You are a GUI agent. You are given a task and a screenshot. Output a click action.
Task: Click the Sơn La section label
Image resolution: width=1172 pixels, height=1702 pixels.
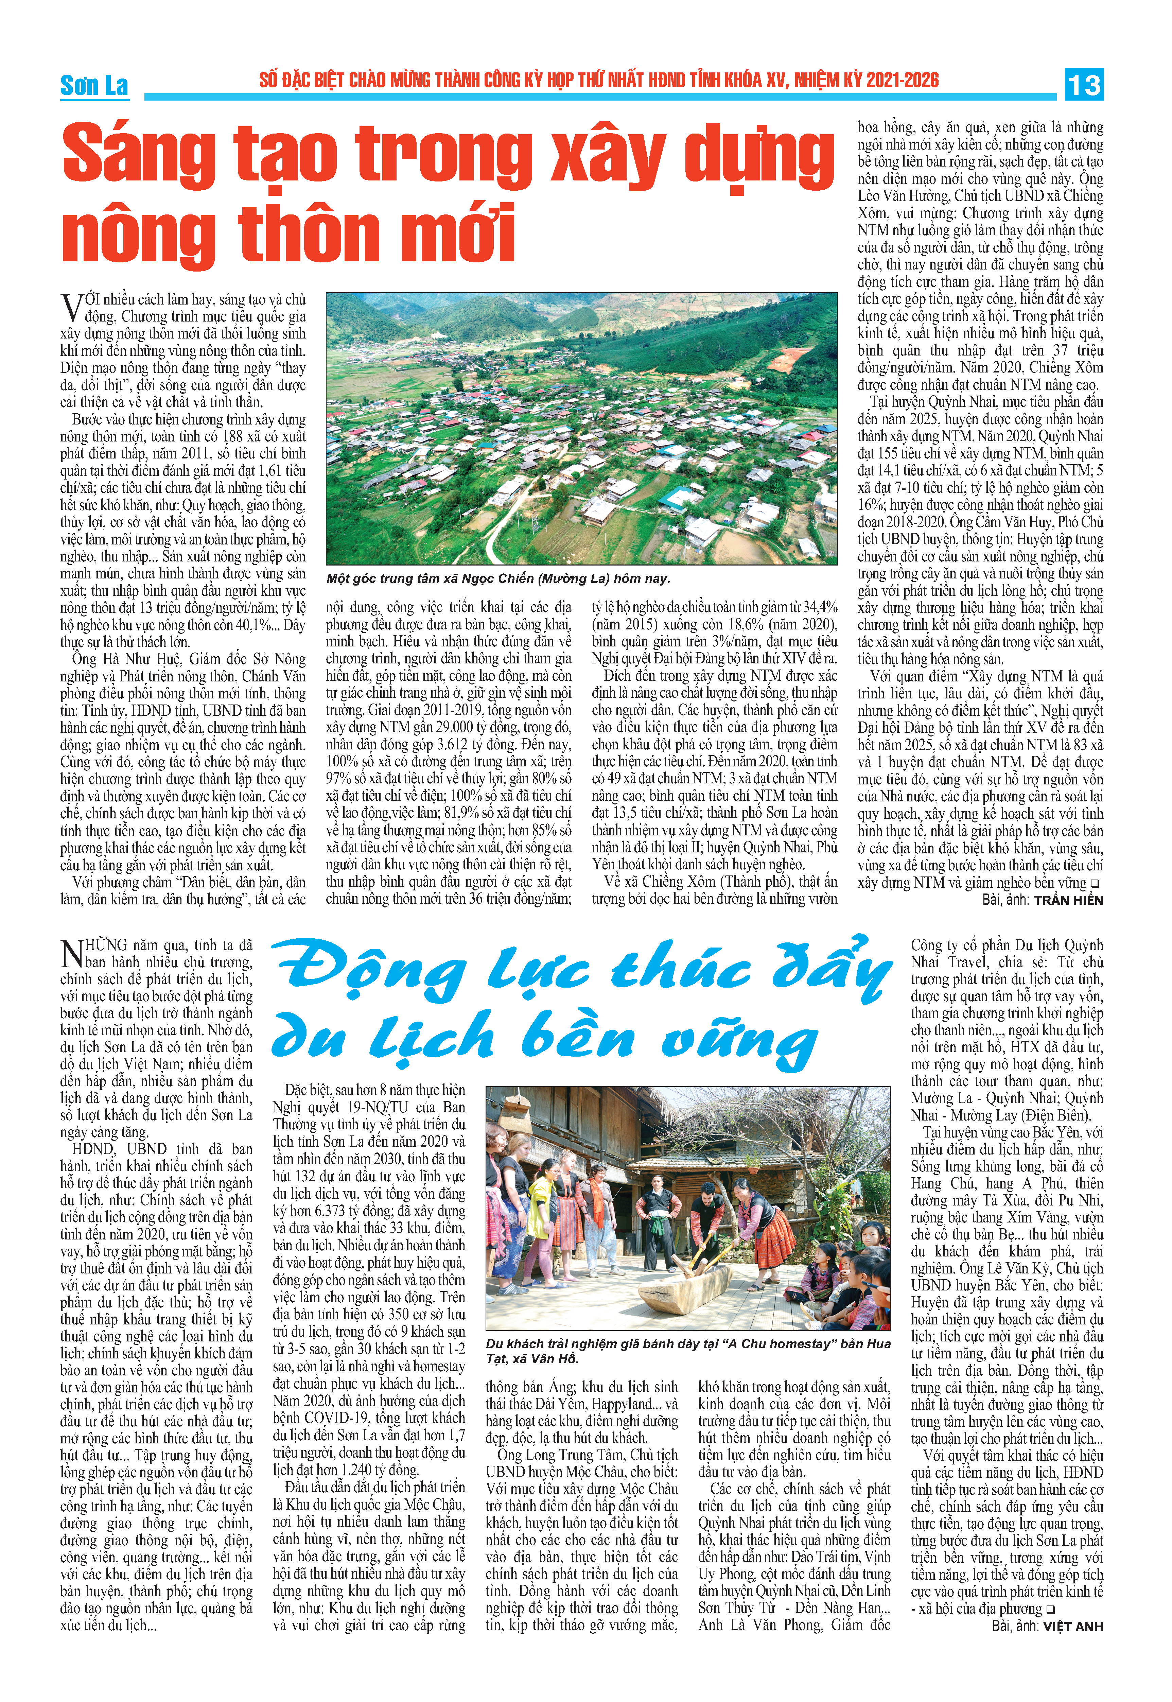click(x=94, y=86)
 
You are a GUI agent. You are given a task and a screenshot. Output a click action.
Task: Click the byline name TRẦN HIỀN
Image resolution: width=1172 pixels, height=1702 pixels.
click(x=1068, y=900)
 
